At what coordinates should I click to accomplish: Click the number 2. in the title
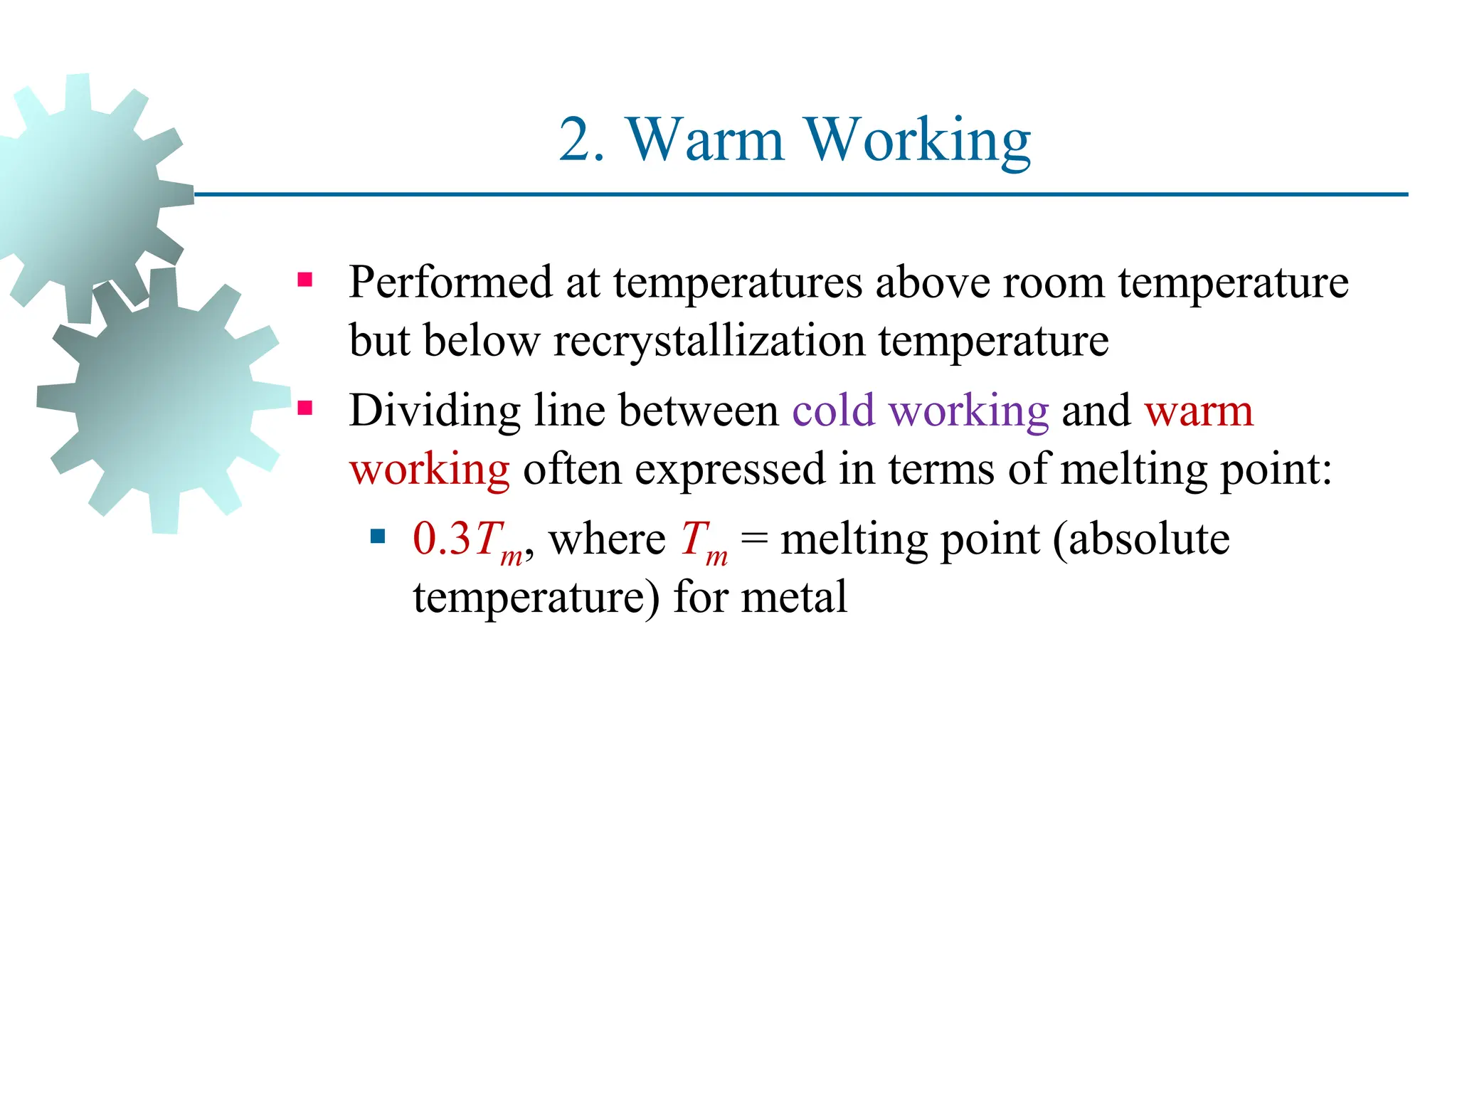(581, 140)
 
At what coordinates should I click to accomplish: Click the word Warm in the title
(705, 140)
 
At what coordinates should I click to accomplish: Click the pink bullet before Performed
(305, 280)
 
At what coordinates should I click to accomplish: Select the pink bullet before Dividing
(305, 408)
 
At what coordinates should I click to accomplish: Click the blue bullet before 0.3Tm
(378, 536)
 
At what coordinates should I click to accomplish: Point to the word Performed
(450, 283)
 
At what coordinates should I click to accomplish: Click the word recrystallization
(709, 341)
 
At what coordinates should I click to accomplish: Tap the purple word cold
(833, 411)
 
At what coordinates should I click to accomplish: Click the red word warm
(1199, 411)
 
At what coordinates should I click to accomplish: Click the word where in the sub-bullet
(607, 539)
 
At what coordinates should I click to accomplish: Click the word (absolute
(1141, 539)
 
